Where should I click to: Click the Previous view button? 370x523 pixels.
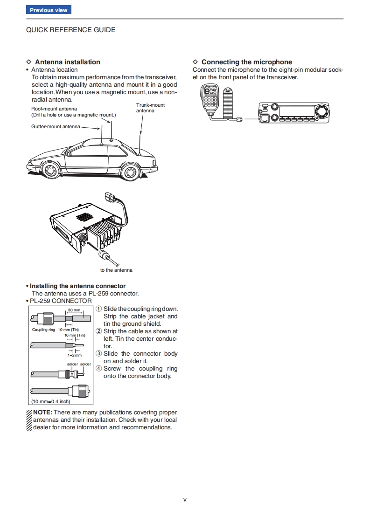49,10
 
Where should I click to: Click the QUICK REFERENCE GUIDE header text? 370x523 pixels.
70,30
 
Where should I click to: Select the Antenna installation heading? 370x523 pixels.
67,62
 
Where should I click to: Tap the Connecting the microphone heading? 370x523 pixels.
246,62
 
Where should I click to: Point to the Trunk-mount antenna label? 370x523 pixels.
150,108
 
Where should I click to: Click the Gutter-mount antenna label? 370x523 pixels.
56,126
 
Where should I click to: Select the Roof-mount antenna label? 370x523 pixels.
54,109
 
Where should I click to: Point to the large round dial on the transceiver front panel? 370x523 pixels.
321,112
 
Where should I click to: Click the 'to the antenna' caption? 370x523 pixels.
116,270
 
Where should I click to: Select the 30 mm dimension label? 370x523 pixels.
74,310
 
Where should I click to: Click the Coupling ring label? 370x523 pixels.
43,330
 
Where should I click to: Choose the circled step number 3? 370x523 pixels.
99,354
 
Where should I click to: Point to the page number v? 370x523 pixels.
185,500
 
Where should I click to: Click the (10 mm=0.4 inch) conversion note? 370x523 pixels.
50,401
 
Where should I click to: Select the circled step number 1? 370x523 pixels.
99,309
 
